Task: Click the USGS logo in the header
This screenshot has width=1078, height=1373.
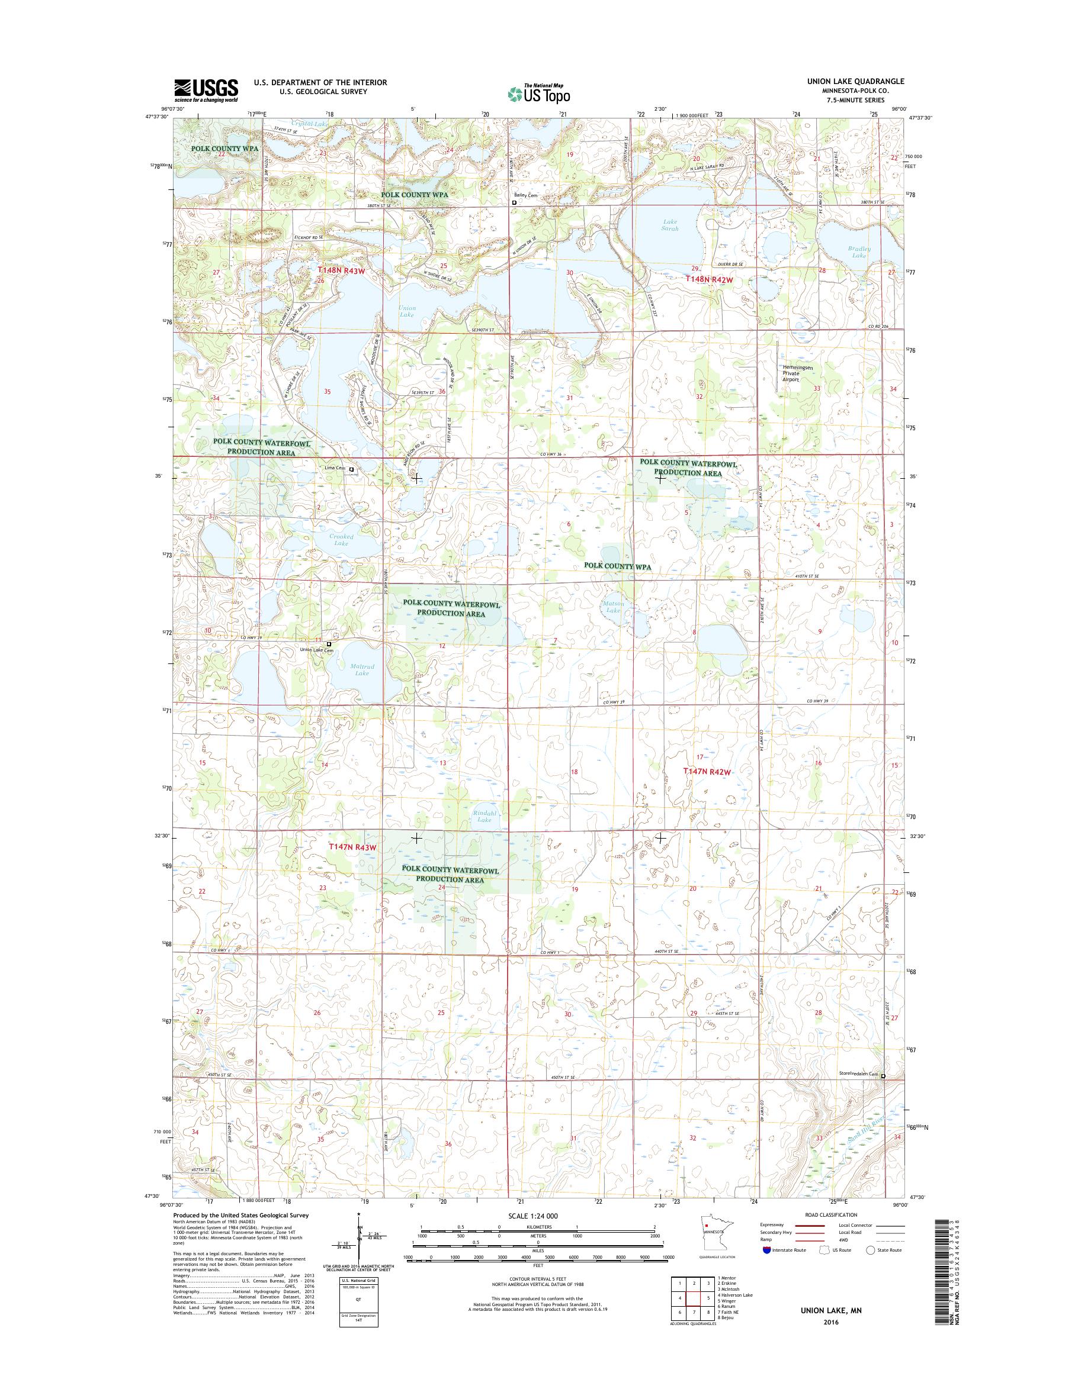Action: click(206, 91)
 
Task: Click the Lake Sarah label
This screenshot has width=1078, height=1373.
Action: click(670, 224)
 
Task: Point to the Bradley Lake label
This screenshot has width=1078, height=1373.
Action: click(859, 252)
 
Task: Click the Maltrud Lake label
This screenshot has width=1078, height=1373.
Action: click(361, 669)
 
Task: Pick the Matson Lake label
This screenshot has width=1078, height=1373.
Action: click(613, 607)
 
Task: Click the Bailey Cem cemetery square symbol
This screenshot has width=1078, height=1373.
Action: click(514, 203)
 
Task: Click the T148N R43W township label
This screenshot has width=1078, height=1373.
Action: click(341, 270)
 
